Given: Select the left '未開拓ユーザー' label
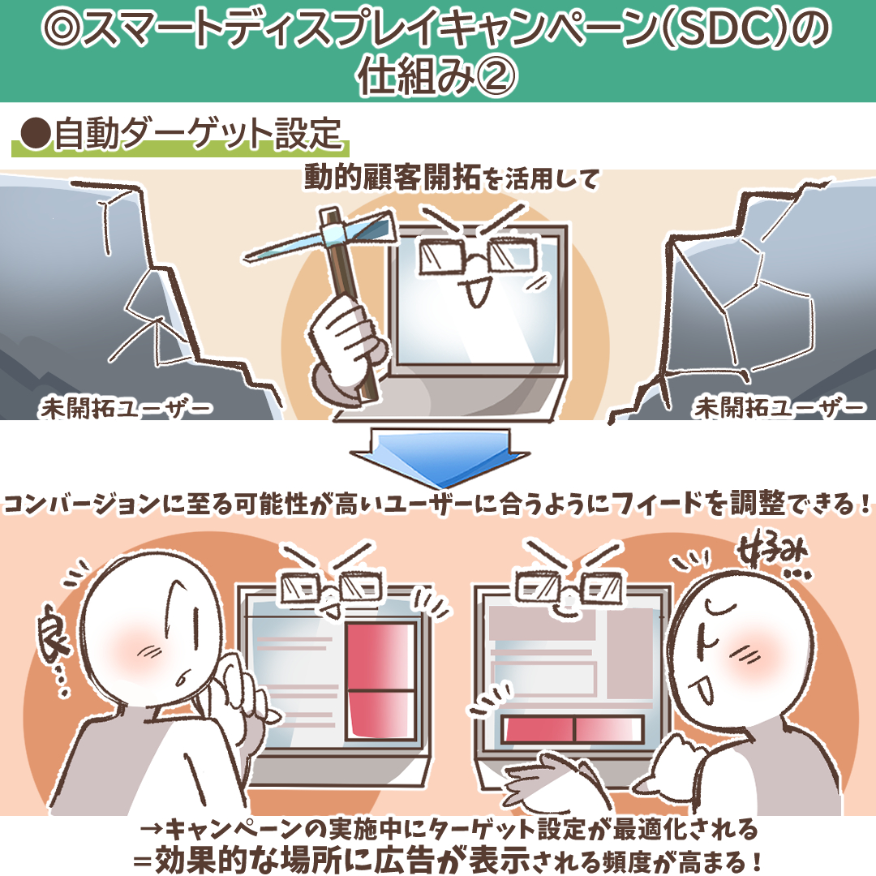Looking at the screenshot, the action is point(125,408).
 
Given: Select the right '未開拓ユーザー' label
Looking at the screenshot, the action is point(779,408).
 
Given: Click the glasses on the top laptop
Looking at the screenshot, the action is point(479,257).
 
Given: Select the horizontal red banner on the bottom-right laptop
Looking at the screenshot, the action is point(572,729).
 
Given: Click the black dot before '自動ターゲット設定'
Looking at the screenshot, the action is point(36,135).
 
